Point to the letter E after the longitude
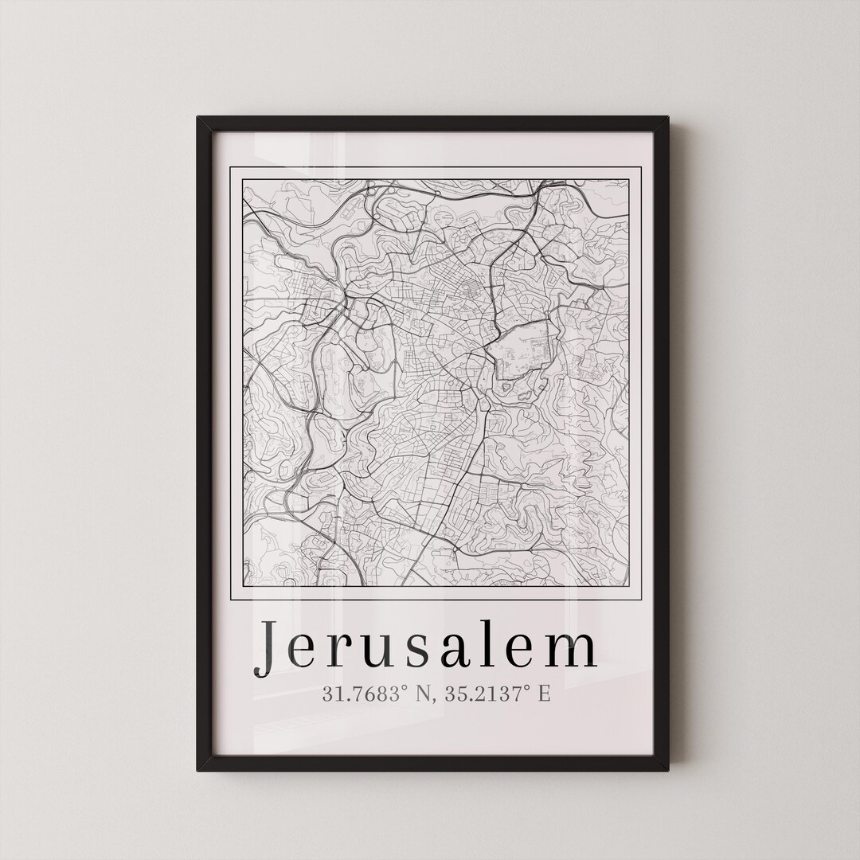pyautogui.click(x=544, y=694)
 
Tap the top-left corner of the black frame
pyautogui.click(x=199, y=119)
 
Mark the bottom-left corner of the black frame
pyautogui.click(x=199, y=768)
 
